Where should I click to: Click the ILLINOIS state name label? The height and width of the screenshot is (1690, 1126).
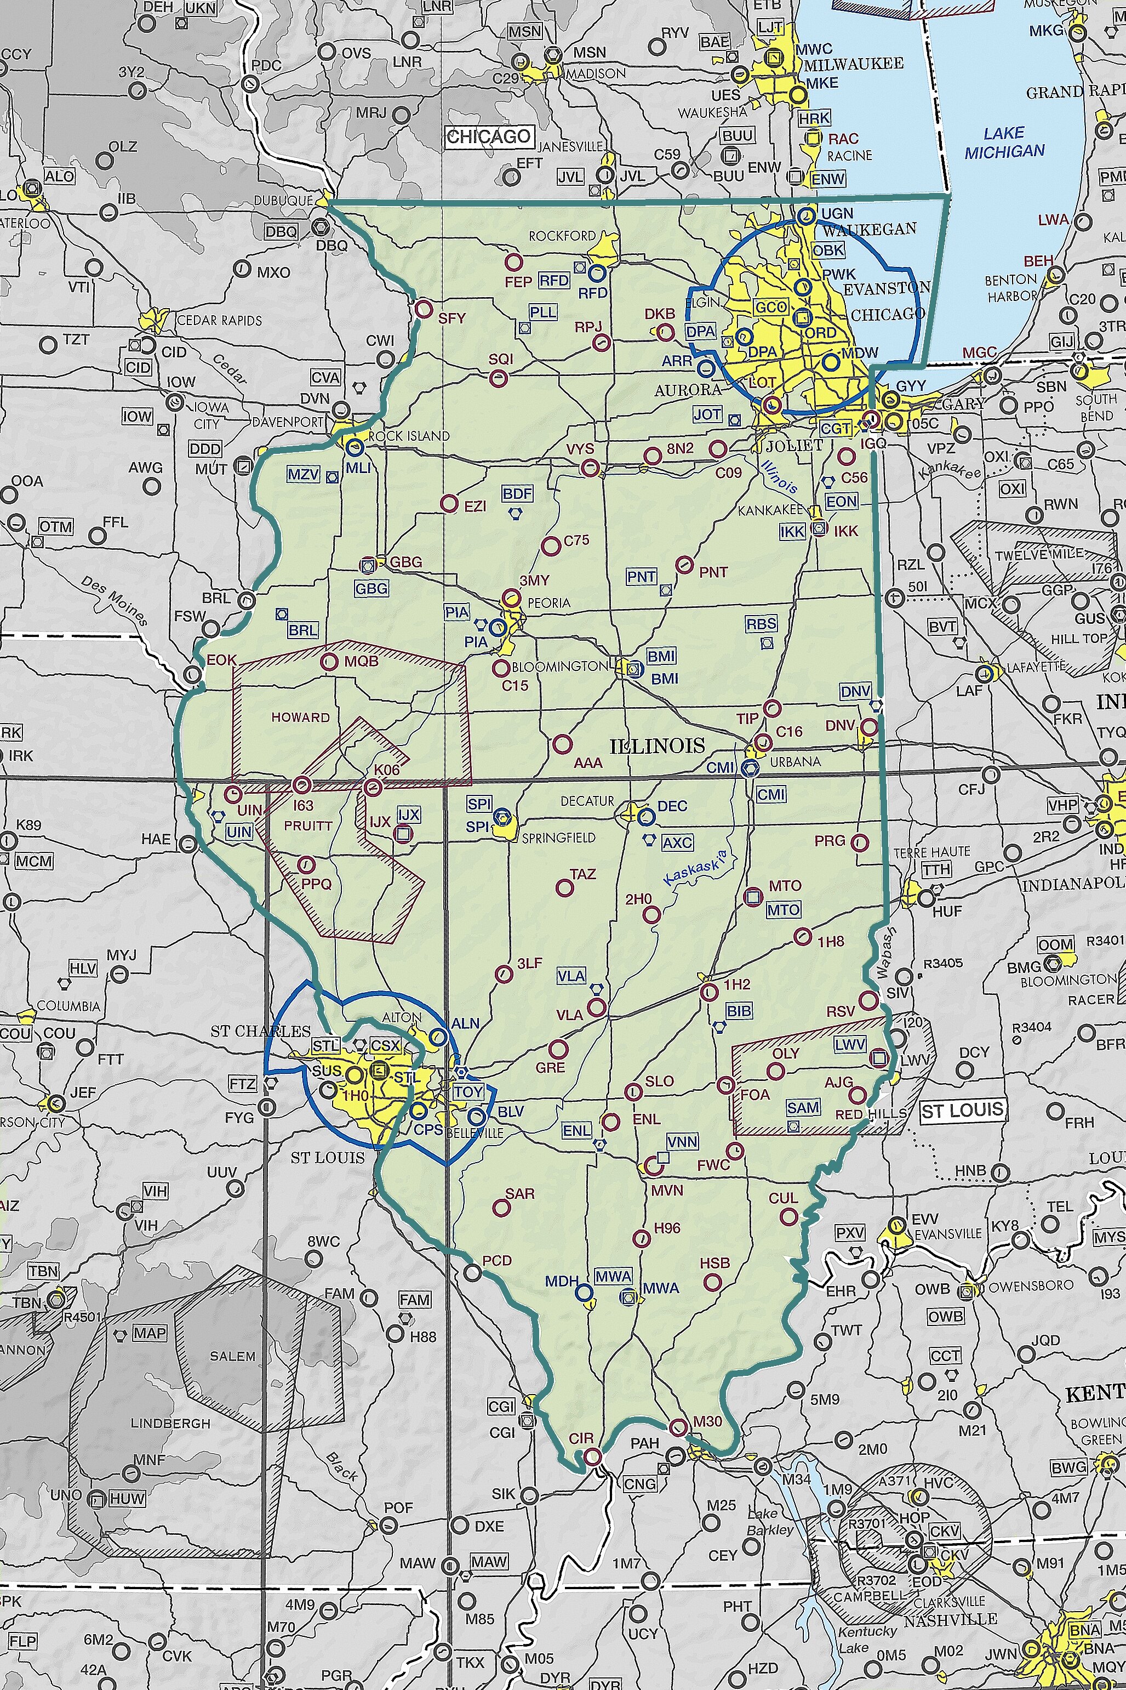tap(657, 746)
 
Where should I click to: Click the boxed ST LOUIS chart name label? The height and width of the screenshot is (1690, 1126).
tap(962, 1111)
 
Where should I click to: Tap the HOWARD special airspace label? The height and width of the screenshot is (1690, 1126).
tap(300, 717)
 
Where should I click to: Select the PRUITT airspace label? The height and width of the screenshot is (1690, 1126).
tap(308, 825)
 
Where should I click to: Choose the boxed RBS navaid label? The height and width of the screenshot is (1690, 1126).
tap(761, 623)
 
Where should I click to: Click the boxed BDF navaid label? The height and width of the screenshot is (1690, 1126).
tap(517, 493)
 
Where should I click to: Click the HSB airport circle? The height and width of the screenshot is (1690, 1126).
tap(712, 1281)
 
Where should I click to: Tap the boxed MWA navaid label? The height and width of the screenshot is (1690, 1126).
tap(613, 1276)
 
